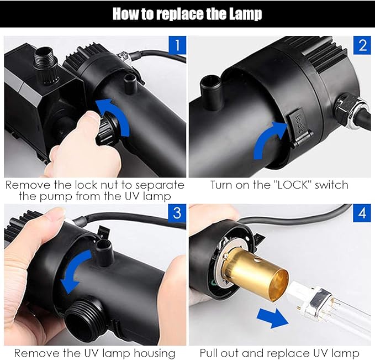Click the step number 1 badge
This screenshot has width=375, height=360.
(177, 45)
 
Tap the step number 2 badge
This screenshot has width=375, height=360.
(362, 45)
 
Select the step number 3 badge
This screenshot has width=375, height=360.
(177, 213)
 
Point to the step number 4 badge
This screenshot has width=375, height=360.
(362, 213)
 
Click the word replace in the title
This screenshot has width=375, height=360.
(180, 14)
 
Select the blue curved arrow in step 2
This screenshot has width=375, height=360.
(266, 139)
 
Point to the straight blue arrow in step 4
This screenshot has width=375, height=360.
(273, 318)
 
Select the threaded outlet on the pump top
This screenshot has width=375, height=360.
(46, 65)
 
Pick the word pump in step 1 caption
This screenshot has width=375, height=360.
(55, 197)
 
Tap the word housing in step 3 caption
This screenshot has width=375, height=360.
(154, 353)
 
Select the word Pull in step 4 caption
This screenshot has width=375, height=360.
(209, 353)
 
